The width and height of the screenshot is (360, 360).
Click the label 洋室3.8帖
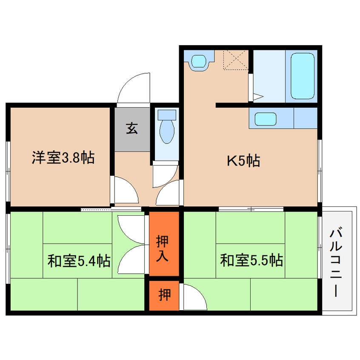pos(63,158)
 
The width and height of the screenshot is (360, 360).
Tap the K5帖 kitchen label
pos(243,161)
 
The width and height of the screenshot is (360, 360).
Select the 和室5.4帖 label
pos(79,260)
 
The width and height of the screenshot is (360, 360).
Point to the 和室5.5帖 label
pos(251,260)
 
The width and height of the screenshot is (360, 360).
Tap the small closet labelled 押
pos(163,295)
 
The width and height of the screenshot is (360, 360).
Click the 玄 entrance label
pos(131,129)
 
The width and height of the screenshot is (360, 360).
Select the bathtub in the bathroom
pos(303,76)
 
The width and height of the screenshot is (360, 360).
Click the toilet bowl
pos(166,131)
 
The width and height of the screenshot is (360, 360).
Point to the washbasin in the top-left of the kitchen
pos(199,61)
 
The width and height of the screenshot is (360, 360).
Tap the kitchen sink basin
pos(266,118)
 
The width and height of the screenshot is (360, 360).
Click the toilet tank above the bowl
pos(166,114)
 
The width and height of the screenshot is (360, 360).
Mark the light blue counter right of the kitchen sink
pos(305,118)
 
